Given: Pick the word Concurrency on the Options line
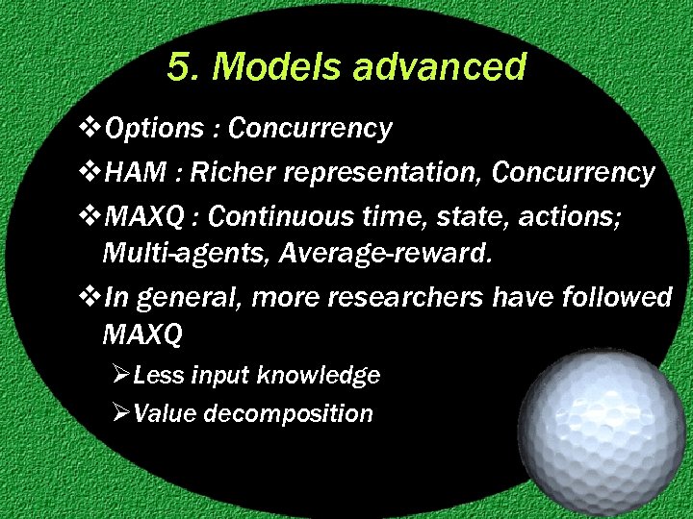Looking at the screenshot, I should point(310,128).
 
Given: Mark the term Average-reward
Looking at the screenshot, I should point(319,253).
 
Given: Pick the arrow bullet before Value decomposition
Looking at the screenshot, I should point(120,414).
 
